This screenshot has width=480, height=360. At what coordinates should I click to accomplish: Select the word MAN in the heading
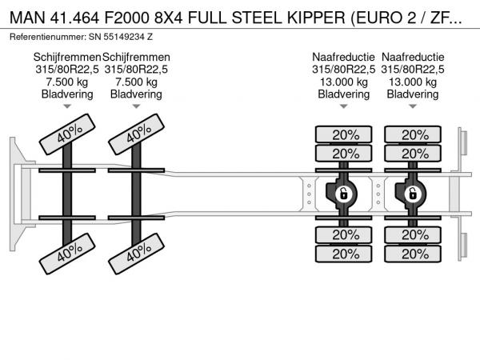tap(26, 15)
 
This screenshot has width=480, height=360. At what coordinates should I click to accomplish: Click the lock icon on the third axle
tap(343, 193)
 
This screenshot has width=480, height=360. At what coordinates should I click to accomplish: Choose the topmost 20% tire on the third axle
tap(345, 134)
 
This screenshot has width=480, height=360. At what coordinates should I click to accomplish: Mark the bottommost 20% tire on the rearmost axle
tap(414, 253)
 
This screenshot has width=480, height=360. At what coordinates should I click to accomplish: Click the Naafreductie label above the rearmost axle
tap(413, 58)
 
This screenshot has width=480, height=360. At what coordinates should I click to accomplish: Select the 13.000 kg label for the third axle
tap(343, 82)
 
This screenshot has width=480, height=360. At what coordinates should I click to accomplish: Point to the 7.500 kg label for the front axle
tap(67, 82)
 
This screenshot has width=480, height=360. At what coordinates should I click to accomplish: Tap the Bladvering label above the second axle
tap(136, 94)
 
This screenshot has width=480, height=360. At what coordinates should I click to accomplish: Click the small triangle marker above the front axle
tap(67, 106)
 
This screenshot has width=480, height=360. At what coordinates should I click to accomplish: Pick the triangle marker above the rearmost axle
tap(413, 106)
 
